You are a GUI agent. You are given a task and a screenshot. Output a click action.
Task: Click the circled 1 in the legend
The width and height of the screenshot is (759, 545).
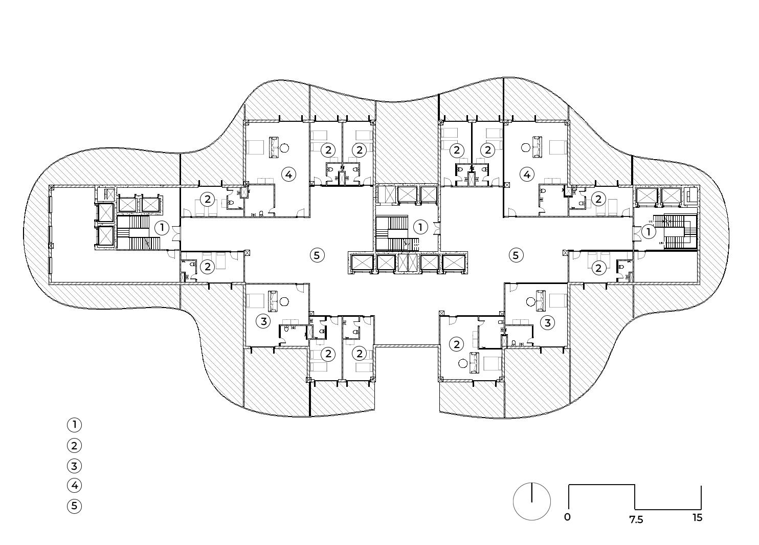tap(74, 425)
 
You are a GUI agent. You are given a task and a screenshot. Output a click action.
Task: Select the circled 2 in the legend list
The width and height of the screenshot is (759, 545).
tap(74, 445)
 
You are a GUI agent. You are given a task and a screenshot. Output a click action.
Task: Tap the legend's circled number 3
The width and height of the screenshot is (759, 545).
tap(74, 466)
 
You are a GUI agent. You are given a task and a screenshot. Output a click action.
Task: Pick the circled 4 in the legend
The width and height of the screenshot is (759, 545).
tap(74, 486)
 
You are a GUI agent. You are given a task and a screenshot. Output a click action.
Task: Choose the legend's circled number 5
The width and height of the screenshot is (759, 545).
tap(74, 506)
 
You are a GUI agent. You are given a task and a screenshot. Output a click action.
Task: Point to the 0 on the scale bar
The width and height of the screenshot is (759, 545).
tap(567, 517)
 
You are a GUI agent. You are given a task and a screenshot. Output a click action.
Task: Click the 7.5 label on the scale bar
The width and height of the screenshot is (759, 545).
tap(636, 519)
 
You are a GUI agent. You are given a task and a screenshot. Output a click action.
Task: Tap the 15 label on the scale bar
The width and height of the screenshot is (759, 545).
tap(698, 517)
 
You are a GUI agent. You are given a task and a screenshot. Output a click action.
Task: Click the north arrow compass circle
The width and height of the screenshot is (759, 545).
tap(532, 501)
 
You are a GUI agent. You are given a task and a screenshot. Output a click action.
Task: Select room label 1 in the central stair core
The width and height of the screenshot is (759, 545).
tap(420, 227)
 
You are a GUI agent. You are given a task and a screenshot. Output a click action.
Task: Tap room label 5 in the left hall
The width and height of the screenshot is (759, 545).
tap(317, 255)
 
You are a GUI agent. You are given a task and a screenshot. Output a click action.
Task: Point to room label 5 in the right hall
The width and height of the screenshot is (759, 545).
tap(516, 255)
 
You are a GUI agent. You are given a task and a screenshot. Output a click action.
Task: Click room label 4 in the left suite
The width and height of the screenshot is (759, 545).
tap(288, 175)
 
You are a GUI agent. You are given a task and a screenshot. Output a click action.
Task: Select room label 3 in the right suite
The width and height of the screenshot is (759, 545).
tap(548, 322)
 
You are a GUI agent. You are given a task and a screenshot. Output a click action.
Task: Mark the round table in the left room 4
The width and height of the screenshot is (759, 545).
tap(285, 148)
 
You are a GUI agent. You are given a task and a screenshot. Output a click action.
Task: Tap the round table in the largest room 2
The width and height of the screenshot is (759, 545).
tap(463, 363)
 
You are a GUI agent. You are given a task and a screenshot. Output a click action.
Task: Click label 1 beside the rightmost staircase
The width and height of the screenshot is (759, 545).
tap(649, 232)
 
